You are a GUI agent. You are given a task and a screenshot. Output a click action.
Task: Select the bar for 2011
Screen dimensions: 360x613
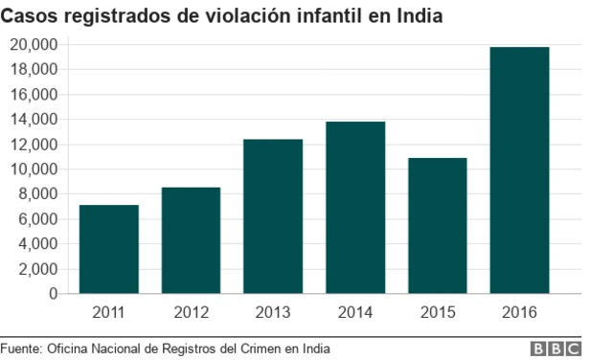pos(108,249)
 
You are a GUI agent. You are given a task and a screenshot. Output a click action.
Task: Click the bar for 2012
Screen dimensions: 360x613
pos(191,240)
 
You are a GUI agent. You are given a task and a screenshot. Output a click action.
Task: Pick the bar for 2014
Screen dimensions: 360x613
pos(355,208)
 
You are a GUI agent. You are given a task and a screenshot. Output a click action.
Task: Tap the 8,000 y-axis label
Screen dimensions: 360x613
pos(37,194)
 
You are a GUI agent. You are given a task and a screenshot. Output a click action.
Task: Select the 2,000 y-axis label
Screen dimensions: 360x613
pos(37,269)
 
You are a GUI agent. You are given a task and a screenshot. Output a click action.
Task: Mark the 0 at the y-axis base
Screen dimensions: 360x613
pos(54,294)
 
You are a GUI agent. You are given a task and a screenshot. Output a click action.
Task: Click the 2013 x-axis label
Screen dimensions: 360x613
pos(273,312)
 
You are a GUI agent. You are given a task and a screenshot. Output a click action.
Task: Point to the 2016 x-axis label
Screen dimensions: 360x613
pos(519,312)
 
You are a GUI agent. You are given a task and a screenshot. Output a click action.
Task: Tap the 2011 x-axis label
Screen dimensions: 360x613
pos(108,312)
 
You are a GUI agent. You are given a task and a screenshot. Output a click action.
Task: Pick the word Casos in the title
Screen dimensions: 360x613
pos(29,16)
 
